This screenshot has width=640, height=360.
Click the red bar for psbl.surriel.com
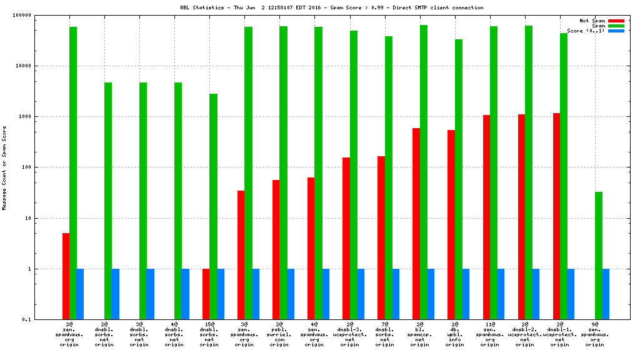pyautogui.click(x=276, y=249)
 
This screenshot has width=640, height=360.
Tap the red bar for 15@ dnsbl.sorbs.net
pyautogui.click(x=206, y=294)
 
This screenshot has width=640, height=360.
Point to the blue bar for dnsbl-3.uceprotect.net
pyautogui.click(x=360, y=294)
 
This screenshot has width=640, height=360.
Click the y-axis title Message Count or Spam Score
pyautogui.click(x=5, y=167)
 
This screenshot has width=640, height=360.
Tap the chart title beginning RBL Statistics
pyautogui.click(x=331, y=7)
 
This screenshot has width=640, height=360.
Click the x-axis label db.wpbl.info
pyautogui.click(x=454, y=334)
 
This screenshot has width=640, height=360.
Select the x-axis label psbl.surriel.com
pyautogui.click(x=279, y=334)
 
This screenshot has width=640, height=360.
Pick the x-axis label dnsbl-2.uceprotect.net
pyautogui.click(x=524, y=334)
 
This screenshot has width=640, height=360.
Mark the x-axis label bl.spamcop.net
pyautogui.click(x=419, y=334)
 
